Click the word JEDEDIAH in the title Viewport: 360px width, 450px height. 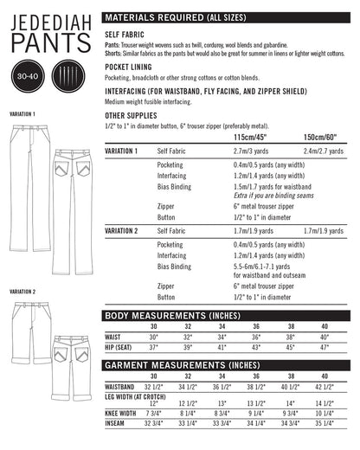47,17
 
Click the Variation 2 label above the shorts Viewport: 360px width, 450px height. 22,292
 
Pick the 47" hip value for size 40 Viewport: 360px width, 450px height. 325,347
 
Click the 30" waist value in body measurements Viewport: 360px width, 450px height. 155,337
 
